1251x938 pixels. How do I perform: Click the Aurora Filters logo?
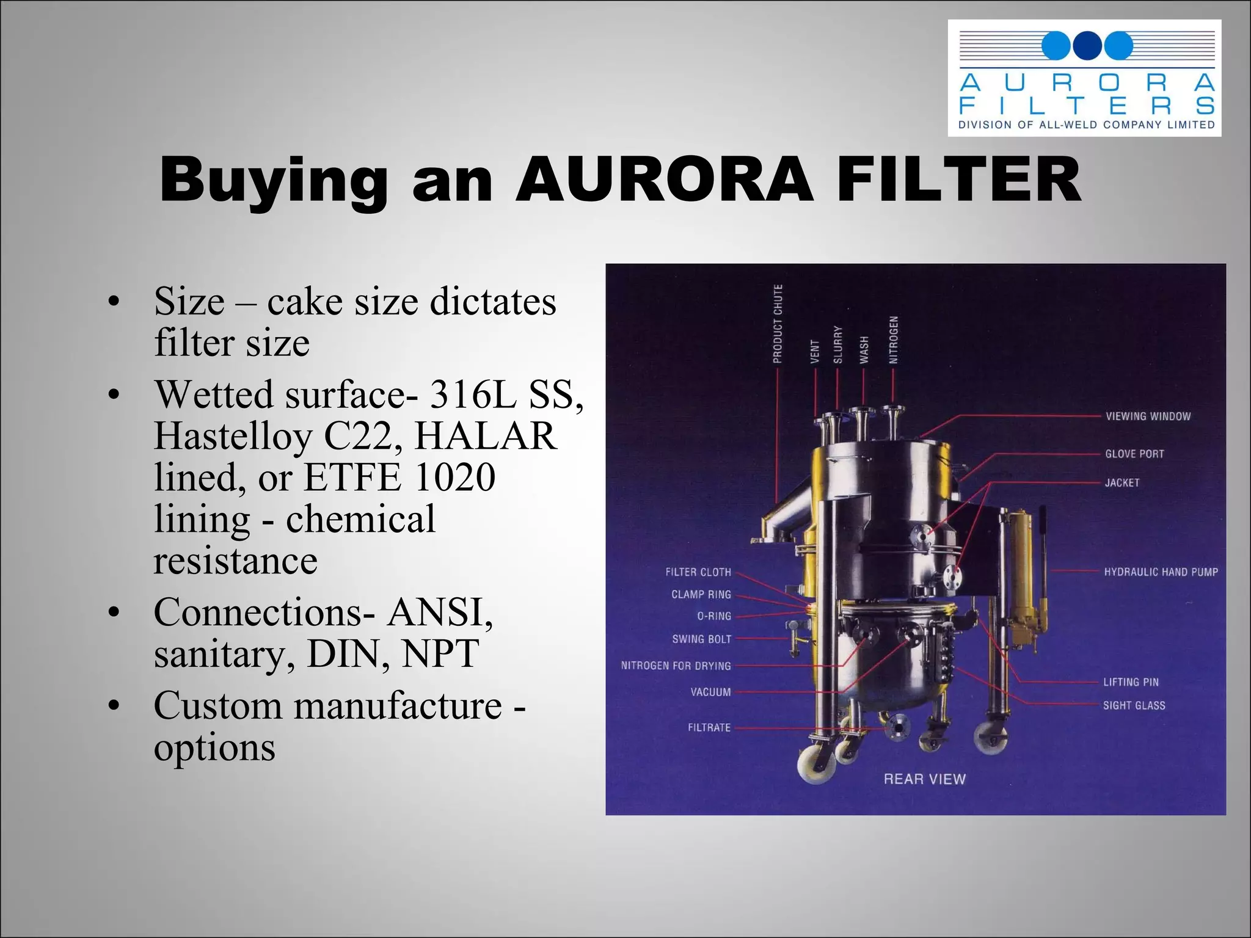click(1084, 78)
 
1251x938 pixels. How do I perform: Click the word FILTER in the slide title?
click(958, 181)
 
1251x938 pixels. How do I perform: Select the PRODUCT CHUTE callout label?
click(778, 324)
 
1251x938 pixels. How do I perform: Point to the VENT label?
click(814, 352)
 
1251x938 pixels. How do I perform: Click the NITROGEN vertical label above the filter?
click(894, 340)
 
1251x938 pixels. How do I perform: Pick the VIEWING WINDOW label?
click(1148, 416)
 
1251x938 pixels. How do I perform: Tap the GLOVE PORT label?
click(1134, 454)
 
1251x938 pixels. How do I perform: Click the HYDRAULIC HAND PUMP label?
click(1161, 572)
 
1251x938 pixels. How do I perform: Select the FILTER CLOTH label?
click(698, 572)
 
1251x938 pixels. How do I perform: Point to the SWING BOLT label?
click(701, 639)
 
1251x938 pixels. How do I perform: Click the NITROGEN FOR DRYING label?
click(676, 666)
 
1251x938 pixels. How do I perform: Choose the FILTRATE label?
click(709, 727)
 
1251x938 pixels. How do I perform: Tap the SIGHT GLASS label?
click(1134, 705)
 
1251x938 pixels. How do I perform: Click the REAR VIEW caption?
click(924, 779)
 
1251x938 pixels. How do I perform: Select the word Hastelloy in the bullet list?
click(232, 436)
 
